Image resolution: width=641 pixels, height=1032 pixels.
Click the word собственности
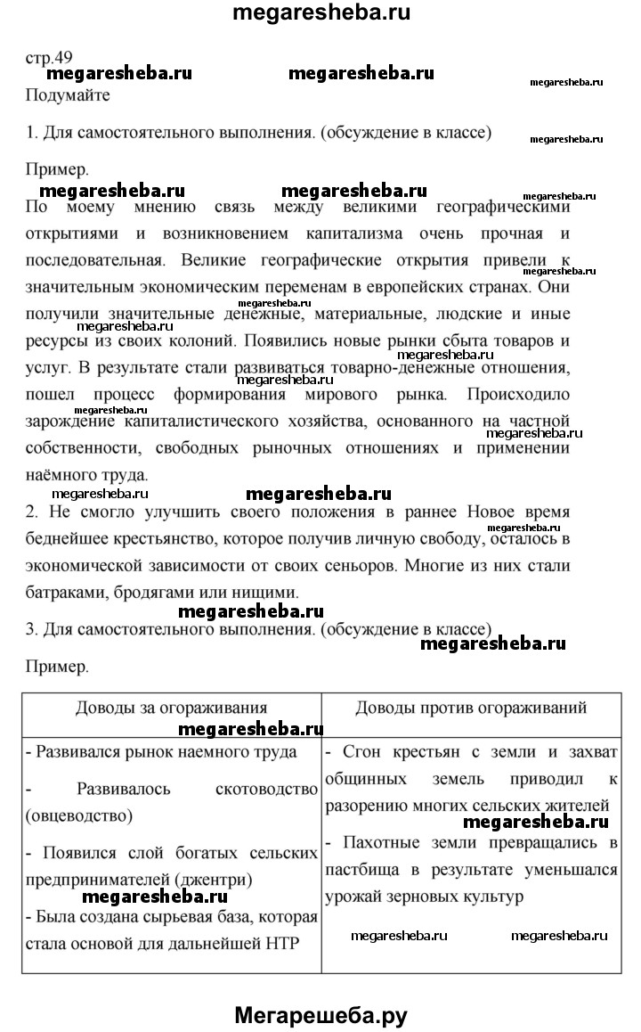point(85,448)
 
